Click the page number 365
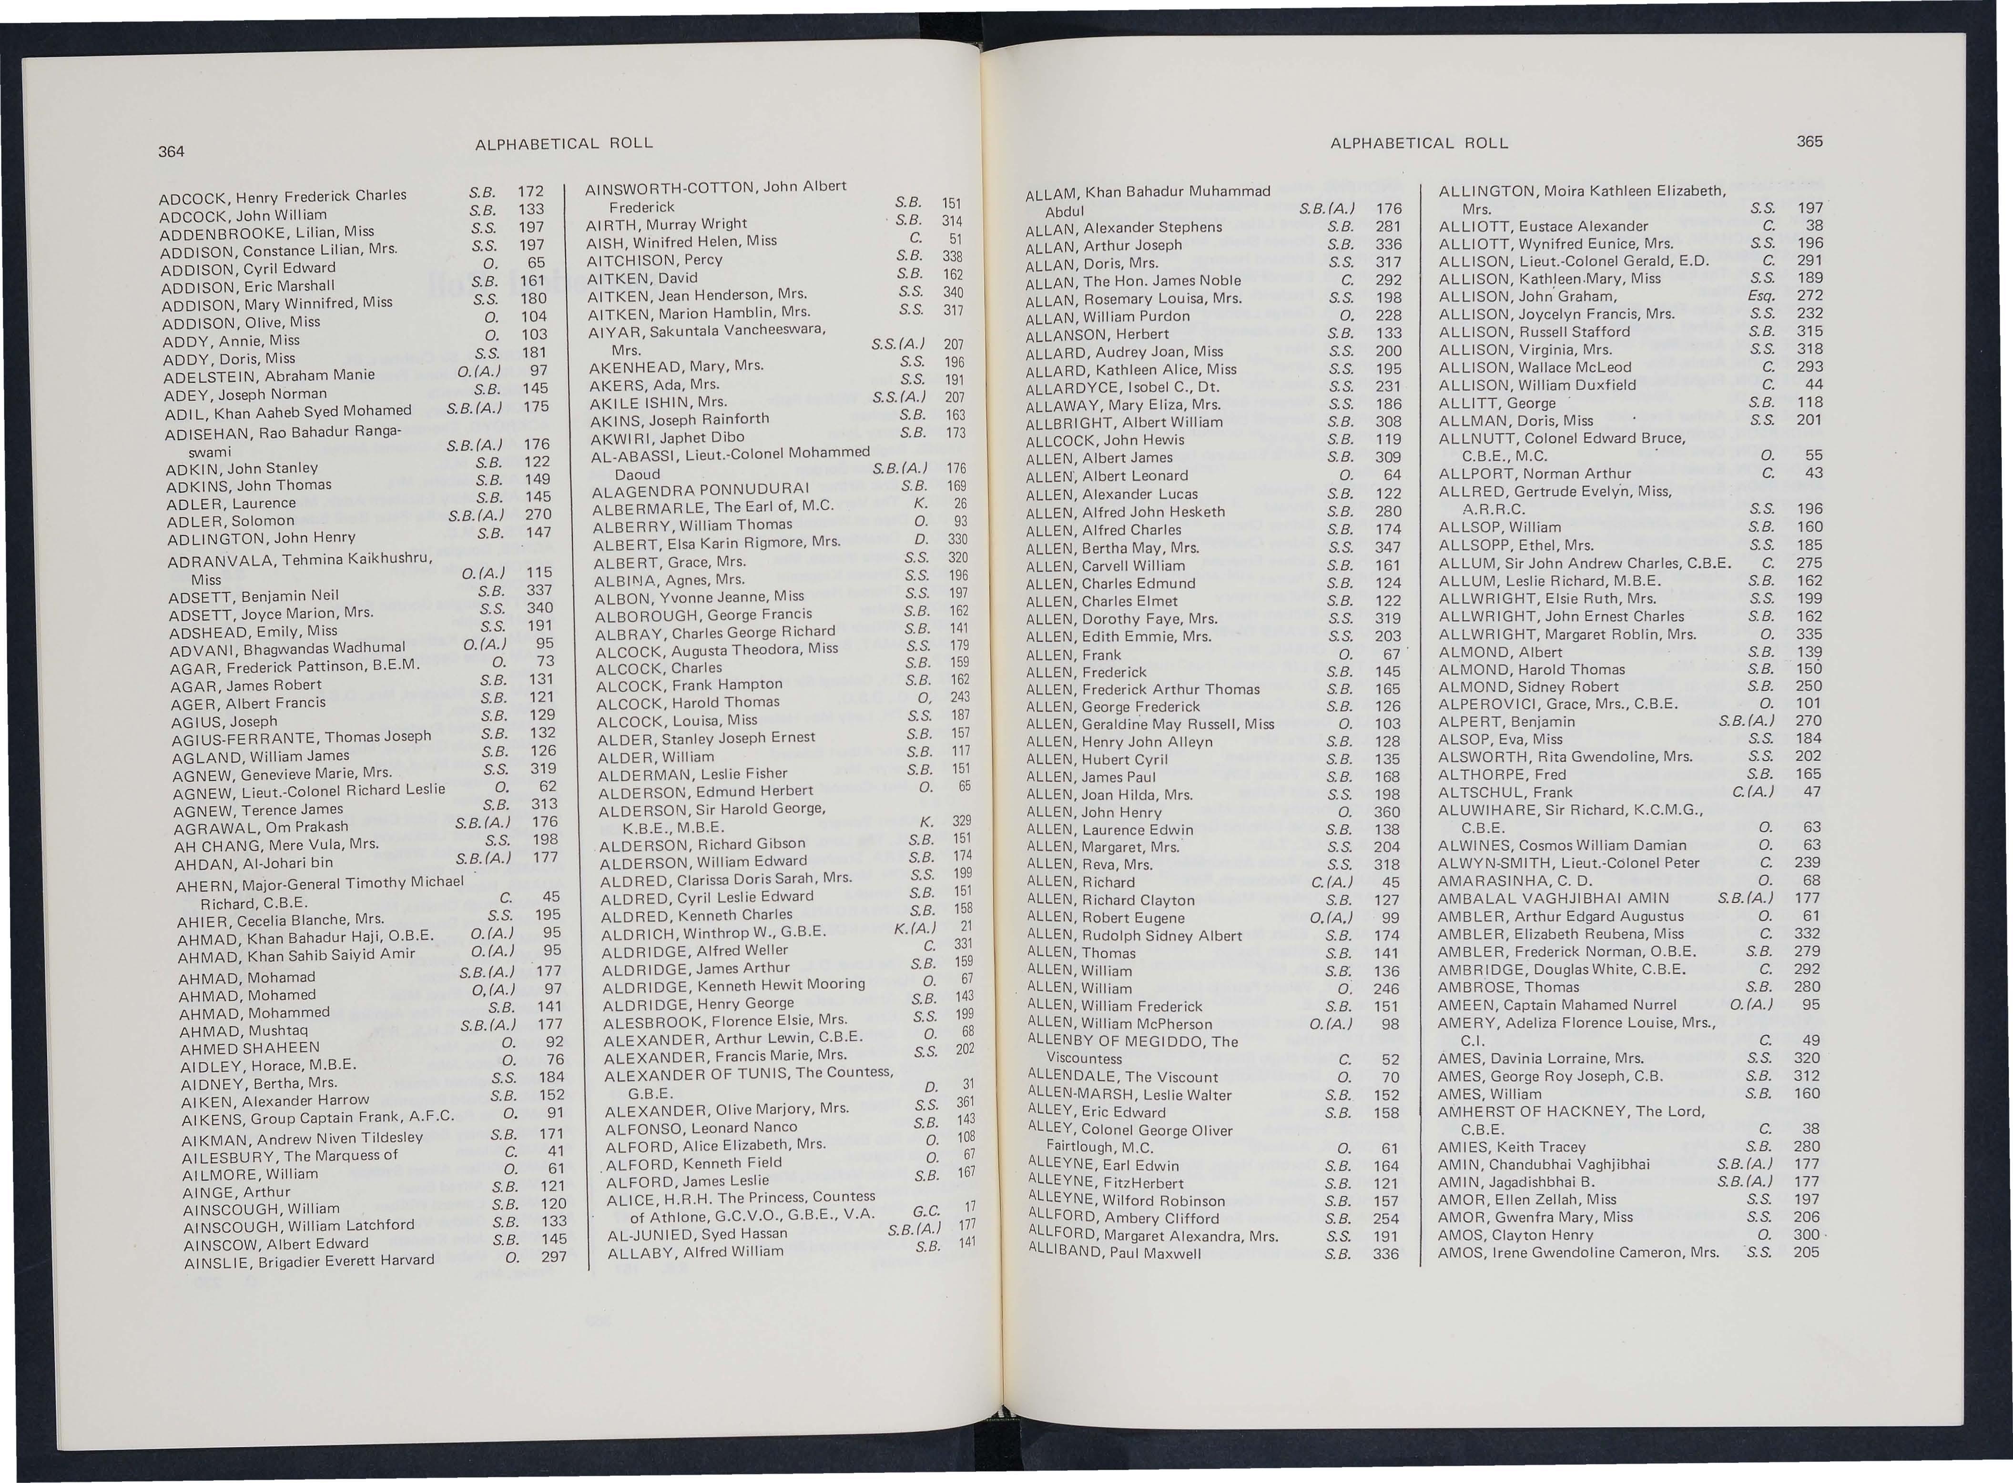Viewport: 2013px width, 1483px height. [x=1809, y=141]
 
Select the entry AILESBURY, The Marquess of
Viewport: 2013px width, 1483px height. [x=290, y=1156]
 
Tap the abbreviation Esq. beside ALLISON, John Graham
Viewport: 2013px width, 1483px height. [x=1761, y=295]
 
